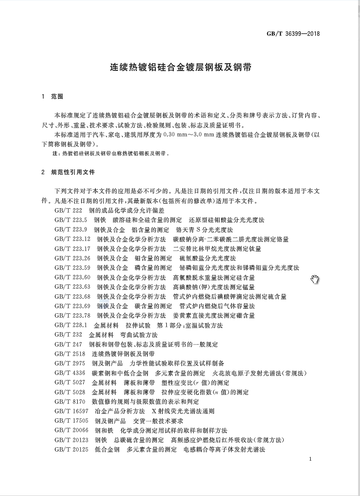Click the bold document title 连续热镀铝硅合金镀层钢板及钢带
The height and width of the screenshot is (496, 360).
pyautogui.click(x=180, y=66)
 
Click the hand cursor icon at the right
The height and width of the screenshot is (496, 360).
pyautogui.click(x=315, y=280)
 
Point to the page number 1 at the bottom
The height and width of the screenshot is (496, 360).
pyautogui.click(x=310, y=459)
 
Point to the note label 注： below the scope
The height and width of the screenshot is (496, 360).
pyautogui.click(x=56, y=154)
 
